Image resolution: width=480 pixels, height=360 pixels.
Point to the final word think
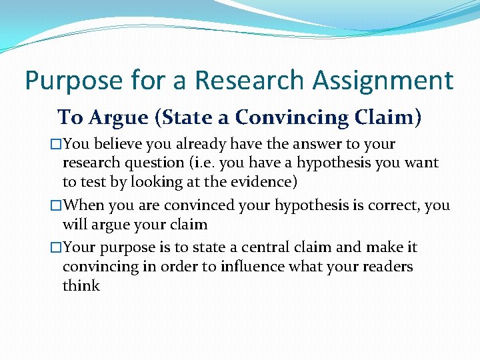(x=81, y=286)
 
